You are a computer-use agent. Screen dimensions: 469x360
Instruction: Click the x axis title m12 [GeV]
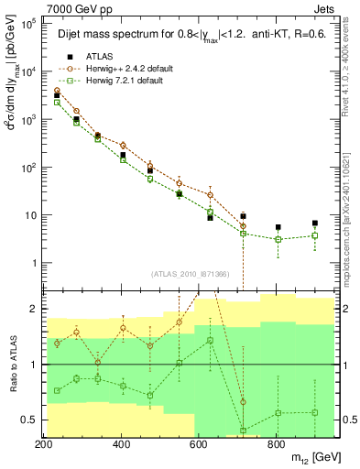click(306, 458)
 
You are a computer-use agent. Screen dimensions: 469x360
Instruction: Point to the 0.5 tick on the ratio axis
click(29, 420)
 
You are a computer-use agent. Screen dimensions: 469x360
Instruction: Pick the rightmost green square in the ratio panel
click(314, 412)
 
